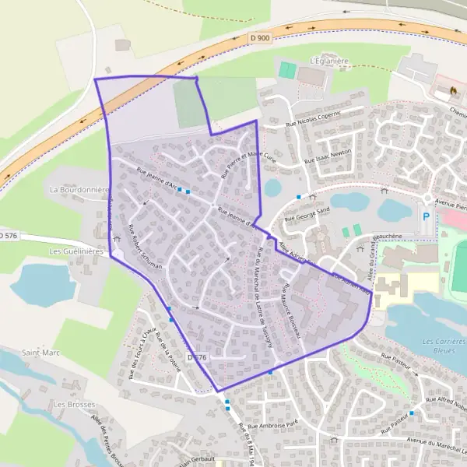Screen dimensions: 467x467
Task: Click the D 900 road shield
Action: coord(262,37)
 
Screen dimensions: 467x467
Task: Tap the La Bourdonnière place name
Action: coord(78,189)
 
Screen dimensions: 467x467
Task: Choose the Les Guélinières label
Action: coord(76,251)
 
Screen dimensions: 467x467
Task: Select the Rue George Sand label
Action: coord(307,213)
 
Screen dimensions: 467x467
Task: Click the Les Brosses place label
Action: coord(69,405)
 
